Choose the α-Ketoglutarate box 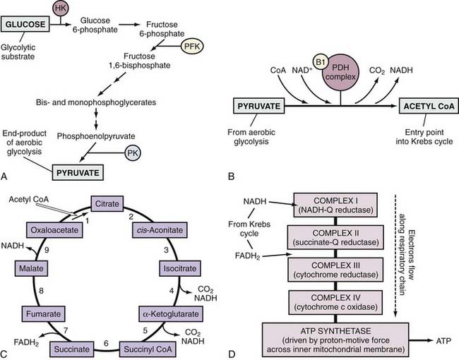point(163,311)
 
